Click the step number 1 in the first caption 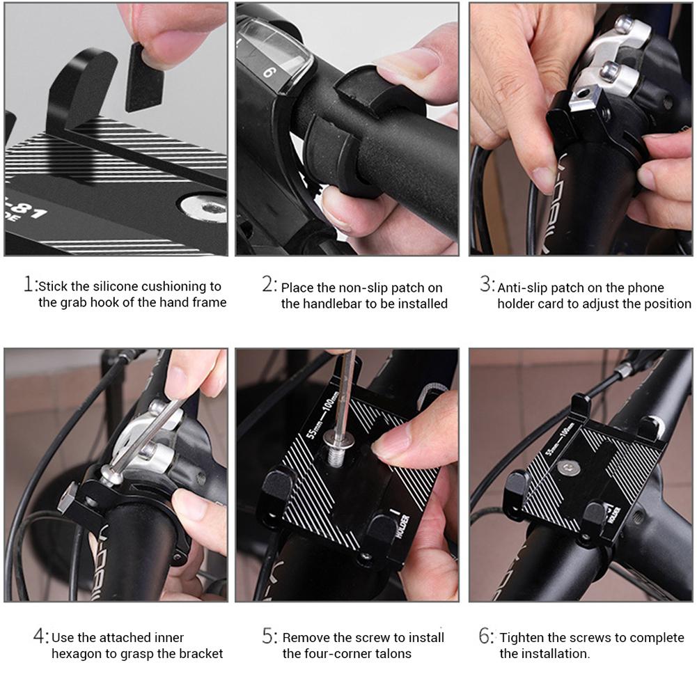click(x=29, y=285)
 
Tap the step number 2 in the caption click(x=269, y=285)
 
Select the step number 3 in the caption click(x=486, y=285)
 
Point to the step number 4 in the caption click(x=40, y=636)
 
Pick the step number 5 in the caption click(x=269, y=636)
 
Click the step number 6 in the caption click(x=487, y=636)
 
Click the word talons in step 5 click(x=393, y=654)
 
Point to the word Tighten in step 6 click(x=524, y=638)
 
